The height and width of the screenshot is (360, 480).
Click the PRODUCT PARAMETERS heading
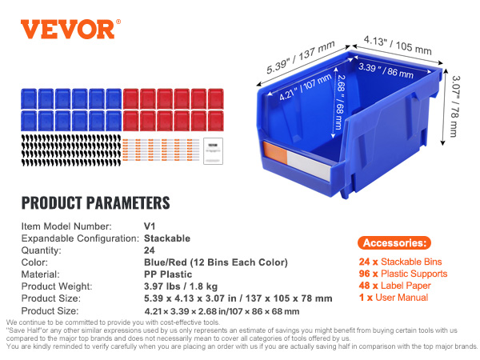tap(95, 202)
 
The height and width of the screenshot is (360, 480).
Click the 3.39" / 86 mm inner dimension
tap(381, 69)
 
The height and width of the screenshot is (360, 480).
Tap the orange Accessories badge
tap(395, 243)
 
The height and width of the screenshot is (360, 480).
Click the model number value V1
tap(149, 226)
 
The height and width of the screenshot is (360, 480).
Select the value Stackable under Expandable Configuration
tap(166, 238)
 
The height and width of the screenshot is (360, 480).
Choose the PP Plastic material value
tap(169, 274)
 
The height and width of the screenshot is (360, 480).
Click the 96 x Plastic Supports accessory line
tap(402, 274)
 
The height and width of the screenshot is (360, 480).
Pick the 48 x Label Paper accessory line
tap(395, 286)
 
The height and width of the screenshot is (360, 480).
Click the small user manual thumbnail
tap(212, 148)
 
